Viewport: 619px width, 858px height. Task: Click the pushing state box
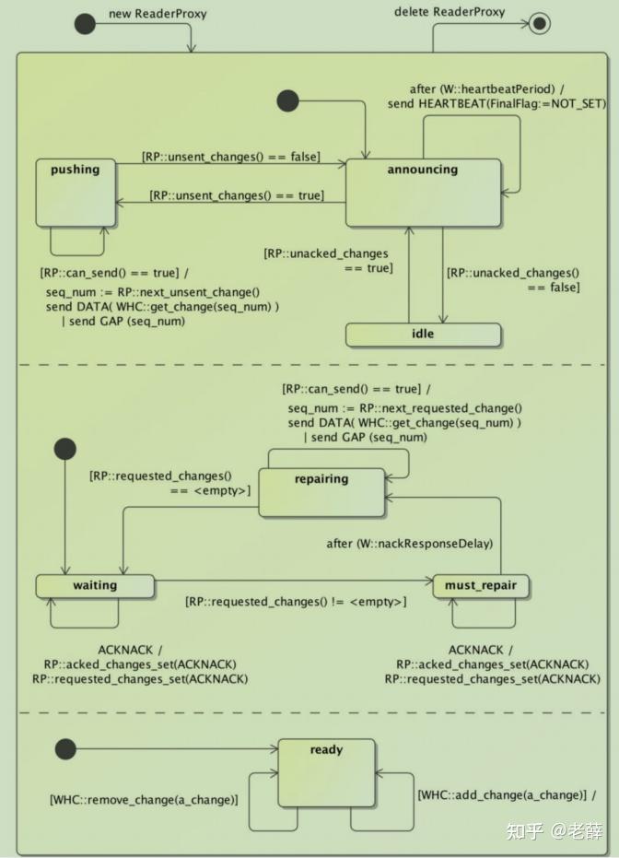(75, 192)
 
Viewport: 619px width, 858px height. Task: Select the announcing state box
(423, 192)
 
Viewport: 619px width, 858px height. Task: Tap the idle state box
(423, 334)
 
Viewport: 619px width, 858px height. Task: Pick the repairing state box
(321, 492)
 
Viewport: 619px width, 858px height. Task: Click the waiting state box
(95, 585)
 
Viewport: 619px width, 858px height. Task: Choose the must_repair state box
(481, 585)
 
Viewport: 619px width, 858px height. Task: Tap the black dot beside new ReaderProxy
(85, 24)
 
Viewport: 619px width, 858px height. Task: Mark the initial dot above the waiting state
(65, 449)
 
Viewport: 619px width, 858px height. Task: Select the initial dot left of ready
(65, 748)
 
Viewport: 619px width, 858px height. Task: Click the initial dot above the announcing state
(288, 100)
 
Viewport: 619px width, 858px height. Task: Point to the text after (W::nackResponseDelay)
(410, 544)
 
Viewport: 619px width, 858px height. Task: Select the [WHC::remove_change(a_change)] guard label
(144, 799)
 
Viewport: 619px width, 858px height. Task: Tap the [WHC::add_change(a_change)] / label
(507, 794)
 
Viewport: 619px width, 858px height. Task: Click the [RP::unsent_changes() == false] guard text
(230, 158)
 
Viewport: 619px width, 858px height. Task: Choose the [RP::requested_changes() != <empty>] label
(295, 602)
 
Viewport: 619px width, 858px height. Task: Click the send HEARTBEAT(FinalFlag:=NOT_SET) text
(496, 104)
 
